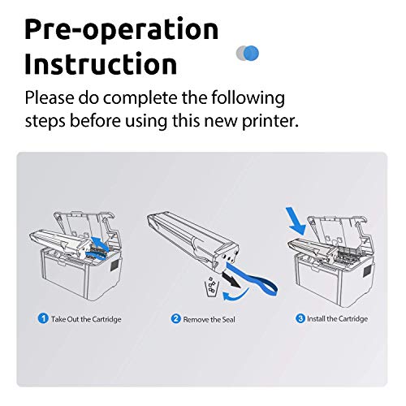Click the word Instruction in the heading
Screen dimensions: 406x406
point(101,63)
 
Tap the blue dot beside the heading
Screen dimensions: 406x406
point(253,53)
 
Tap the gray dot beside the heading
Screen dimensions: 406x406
point(242,53)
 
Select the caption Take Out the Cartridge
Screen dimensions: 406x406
point(86,319)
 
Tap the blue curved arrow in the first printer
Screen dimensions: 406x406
point(99,245)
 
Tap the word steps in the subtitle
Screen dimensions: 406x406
point(48,121)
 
